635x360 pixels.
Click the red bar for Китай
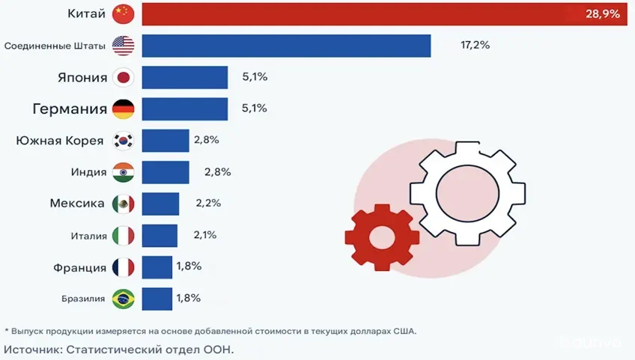pos(374,13)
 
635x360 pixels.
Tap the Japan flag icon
pos(123,77)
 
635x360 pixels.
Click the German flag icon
pos(123,109)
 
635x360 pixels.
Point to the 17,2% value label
pos(475,46)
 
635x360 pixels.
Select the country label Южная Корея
pos(61,141)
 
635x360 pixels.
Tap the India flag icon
pos(123,172)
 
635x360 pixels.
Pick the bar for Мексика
pos(160,204)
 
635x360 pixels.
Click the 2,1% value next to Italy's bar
pos(204,235)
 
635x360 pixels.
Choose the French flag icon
pos(123,267)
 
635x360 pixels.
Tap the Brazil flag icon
pos(123,299)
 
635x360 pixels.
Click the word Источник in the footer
pos(31,349)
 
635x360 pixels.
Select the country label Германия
pos(70,109)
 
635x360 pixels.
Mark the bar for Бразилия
pos(157,299)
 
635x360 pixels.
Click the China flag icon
pos(123,13)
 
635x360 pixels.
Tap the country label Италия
pos(89,236)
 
